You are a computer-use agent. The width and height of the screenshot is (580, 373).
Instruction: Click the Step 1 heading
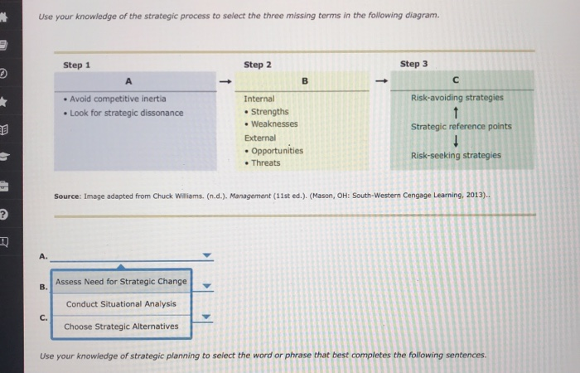pos(77,65)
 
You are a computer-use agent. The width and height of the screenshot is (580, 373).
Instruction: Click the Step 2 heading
pos(257,65)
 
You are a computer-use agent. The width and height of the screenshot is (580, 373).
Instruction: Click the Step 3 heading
pos(413,64)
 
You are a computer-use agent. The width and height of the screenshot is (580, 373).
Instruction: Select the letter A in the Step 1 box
pos(128,81)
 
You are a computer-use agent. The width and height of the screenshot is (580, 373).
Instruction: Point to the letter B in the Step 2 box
pos(304,81)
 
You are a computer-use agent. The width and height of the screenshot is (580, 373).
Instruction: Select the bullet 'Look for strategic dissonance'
pos(126,113)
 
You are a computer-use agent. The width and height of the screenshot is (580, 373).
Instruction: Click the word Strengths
pos(269,111)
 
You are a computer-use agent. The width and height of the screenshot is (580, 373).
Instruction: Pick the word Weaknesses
pos(274,124)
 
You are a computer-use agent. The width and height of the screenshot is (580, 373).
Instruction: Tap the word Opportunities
pos(277,151)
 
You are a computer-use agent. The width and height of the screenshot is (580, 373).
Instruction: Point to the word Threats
pos(266,163)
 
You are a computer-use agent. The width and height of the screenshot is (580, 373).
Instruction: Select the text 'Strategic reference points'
pos(462,127)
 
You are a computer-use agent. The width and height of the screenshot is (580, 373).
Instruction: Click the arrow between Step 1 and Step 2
pos(224,81)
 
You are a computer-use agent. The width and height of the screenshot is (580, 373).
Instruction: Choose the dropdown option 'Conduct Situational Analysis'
pos(121,304)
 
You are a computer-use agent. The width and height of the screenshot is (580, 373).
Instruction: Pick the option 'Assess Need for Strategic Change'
pos(121,282)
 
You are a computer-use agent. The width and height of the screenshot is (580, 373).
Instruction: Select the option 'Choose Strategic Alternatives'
pos(121,327)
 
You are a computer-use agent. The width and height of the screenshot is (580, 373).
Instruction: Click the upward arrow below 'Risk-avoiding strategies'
pos(457,113)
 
